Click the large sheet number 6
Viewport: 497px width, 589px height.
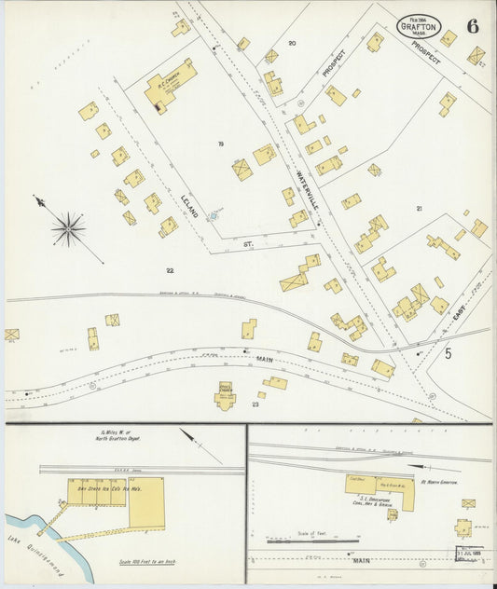click(x=473, y=25)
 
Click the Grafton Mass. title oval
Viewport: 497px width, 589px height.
click(x=419, y=26)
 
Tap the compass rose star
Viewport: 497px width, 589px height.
click(x=68, y=227)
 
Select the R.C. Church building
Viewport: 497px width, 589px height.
click(x=171, y=83)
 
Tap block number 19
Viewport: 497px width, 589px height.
click(x=221, y=144)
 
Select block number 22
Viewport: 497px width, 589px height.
click(x=170, y=270)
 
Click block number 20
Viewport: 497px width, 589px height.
click(x=292, y=43)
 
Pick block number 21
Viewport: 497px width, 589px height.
click(x=420, y=209)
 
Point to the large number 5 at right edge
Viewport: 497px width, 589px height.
click(x=448, y=353)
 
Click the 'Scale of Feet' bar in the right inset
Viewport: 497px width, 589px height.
click(x=311, y=539)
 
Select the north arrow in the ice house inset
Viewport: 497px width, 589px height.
click(x=199, y=446)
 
